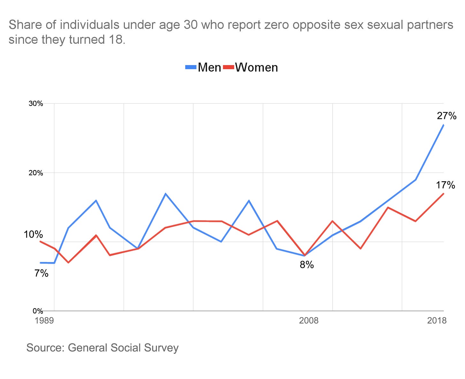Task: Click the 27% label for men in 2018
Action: pyautogui.click(x=446, y=116)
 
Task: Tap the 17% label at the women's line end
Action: pyautogui.click(x=446, y=185)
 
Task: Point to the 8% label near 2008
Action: pyautogui.click(x=307, y=265)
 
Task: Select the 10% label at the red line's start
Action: pyautogui.click(x=33, y=235)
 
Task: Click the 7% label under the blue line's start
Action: pyautogui.click(x=42, y=273)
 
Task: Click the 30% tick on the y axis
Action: pyautogui.click(x=36, y=104)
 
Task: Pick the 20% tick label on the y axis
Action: pyautogui.click(x=36, y=173)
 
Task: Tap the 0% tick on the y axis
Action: pyautogui.click(x=38, y=311)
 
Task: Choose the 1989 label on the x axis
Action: pyautogui.click(x=44, y=321)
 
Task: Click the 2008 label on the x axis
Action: pyautogui.click(x=309, y=321)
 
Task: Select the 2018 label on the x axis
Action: pyautogui.click(x=437, y=321)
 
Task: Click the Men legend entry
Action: pyautogui.click(x=210, y=67)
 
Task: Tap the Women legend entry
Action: pyautogui.click(x=256, y=67)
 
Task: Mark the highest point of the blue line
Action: pyautogui.click(x=444, y=125)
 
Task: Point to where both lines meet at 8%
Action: pyautogui.click(x=305, y=256)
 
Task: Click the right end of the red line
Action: pyautogui.click(x=444, y=194)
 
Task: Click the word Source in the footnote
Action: pyautogui.click(x=45, y=348)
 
